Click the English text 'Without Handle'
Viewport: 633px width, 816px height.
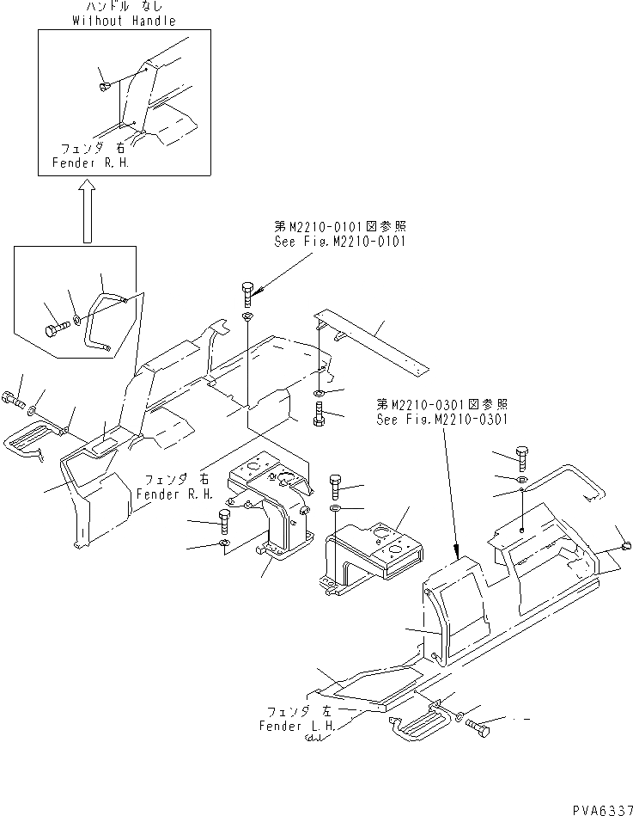pos(124,21)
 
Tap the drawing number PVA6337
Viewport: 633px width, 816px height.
pos(596,806)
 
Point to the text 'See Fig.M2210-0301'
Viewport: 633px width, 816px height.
pos(442,420)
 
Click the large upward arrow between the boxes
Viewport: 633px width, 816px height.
pos(86,212)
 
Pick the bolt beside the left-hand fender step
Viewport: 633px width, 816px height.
pos(481,728)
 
